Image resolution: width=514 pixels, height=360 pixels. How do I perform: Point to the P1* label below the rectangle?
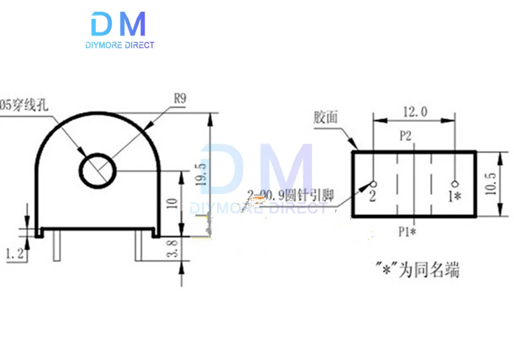407,232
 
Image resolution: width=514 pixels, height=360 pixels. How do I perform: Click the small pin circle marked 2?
373,184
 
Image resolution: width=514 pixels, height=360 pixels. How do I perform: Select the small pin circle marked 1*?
454,184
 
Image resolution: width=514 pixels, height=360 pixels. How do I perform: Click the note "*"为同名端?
417,270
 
